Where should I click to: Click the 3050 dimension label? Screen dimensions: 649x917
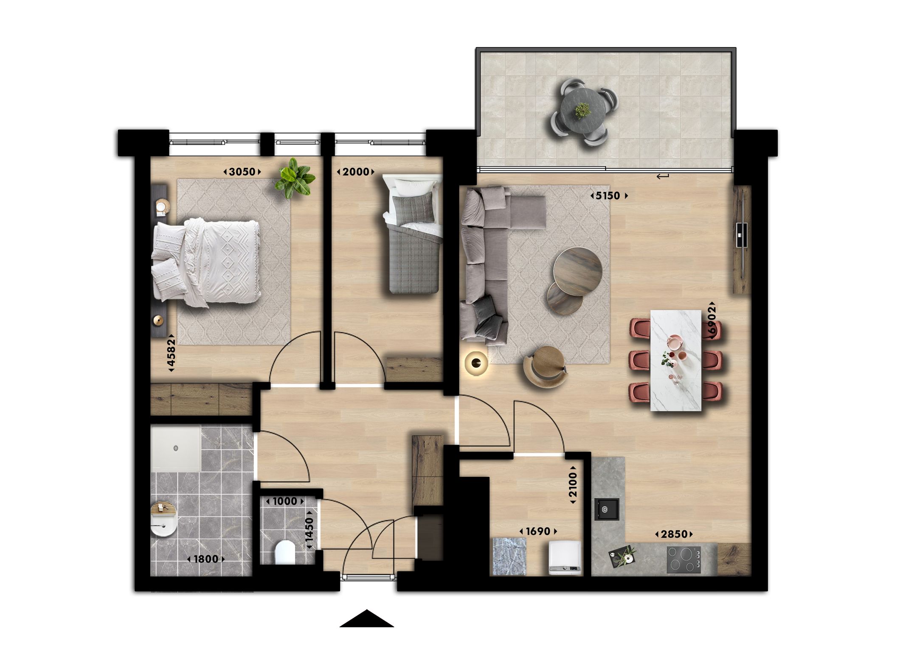[242, 172]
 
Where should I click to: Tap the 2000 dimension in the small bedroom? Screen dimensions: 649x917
[356, 172]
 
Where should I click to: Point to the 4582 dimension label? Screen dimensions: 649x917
[171, 352]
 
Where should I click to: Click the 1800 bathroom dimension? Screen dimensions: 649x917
[206, 559]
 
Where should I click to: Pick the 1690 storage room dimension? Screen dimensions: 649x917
[538, 531]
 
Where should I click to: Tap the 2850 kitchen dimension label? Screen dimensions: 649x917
[674, 534]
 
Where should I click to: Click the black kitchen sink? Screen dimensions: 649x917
[607, 509]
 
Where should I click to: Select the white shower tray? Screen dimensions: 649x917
[176, 449]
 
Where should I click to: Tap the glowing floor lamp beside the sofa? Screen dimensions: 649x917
[476, 363]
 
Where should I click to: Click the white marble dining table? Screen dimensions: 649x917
[675, 360]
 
